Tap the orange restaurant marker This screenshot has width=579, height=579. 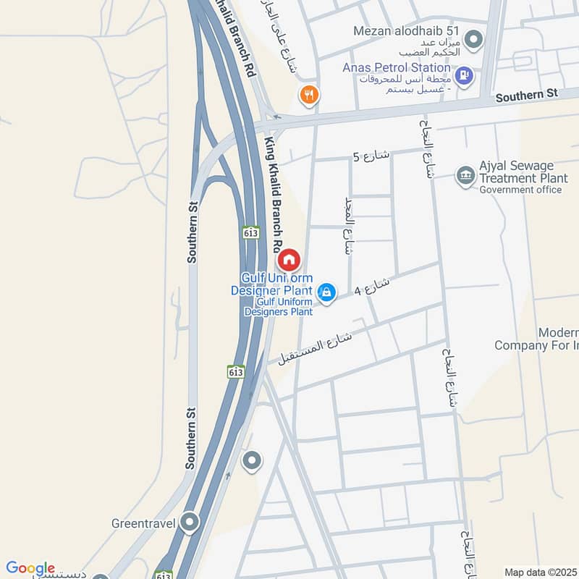tap(309, 95)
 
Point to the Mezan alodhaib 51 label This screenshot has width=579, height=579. tap(407, 31)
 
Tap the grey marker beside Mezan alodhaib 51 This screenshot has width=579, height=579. tap(473, 38)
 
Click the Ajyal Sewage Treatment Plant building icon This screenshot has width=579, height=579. tap(465, 174)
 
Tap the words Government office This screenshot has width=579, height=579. tap(520, 190)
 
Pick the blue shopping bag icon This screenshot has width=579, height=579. tap(327, 292)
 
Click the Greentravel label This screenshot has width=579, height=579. tap(144, 523)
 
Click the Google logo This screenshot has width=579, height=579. tap(30, 568)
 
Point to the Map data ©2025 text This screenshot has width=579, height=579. tap(539, 572)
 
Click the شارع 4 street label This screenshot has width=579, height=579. tap(372, 287)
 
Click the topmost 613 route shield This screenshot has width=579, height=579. tap(250, 232)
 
